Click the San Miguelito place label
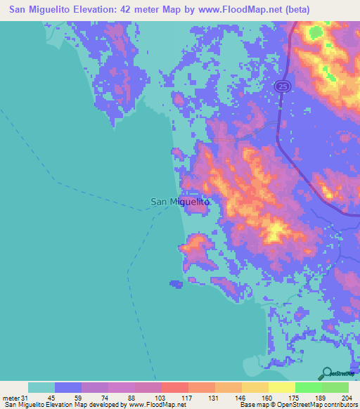click(181, 202)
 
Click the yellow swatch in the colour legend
click(281, 387)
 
